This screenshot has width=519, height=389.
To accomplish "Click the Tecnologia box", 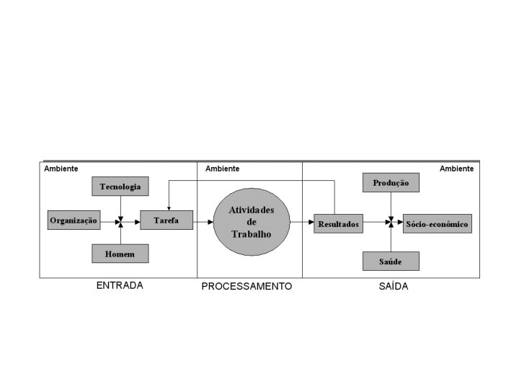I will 120,187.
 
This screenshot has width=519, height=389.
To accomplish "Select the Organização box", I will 74,220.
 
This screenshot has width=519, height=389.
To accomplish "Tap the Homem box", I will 120,253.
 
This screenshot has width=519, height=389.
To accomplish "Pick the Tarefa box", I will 166,220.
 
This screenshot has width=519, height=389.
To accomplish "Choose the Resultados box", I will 338,224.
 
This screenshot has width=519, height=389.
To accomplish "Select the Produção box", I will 391,184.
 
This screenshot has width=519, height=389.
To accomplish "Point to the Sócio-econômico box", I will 437,224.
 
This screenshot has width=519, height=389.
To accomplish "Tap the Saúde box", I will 391,261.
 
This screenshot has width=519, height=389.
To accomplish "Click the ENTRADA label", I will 120,285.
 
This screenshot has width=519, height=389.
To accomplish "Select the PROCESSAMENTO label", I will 247,286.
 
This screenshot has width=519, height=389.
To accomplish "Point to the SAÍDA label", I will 393,286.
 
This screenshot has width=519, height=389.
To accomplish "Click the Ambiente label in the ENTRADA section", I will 61,169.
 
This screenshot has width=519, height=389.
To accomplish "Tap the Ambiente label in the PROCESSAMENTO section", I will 222,169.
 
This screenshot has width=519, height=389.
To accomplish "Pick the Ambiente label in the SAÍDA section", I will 456,169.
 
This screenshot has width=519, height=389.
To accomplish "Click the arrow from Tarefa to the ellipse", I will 203,222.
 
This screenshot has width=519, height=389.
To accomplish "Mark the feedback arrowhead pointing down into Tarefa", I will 168,207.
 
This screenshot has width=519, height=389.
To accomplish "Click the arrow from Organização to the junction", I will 108,220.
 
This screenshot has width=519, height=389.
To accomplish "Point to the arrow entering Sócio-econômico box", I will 398,223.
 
